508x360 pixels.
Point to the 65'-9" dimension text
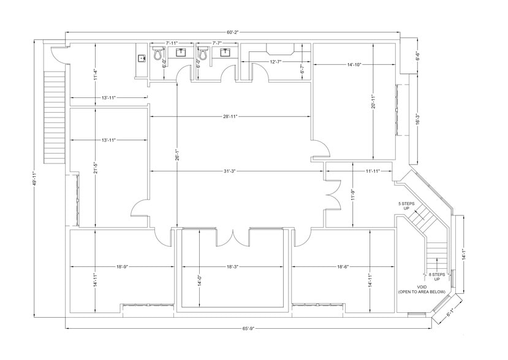click(248, 329)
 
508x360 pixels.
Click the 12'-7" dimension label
click(276, 61)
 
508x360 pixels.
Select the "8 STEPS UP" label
click(438, 277)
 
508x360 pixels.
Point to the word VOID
click(422, 287)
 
